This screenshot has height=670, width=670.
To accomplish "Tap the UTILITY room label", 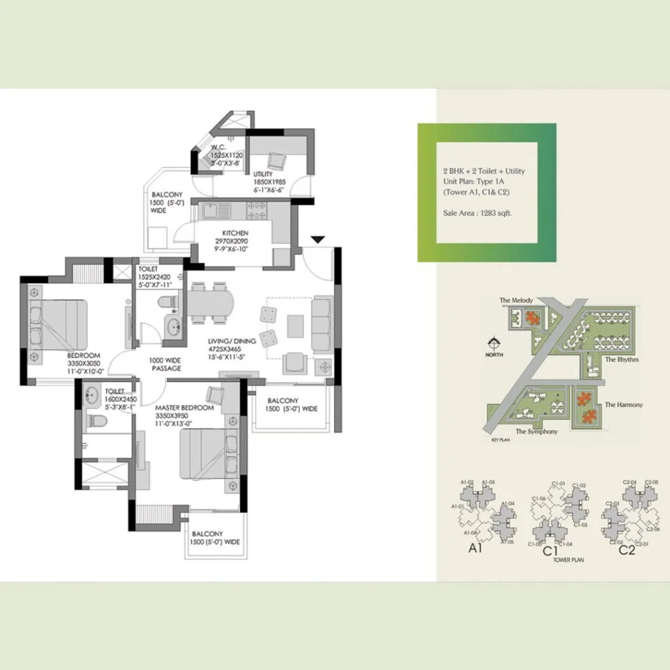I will [x=263, y=173].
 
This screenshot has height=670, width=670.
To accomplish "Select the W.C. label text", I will [x=218, y=147].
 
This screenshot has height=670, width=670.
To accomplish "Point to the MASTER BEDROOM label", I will [x=185, y=408].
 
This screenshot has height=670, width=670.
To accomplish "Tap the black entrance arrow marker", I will [x=317, y=241].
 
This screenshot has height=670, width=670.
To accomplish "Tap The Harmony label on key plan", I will [x=624, y=405].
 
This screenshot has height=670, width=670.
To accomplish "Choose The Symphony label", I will [x=535, y=432].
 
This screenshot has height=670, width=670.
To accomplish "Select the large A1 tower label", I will [x=475, y=550].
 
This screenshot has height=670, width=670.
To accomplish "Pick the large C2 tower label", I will [x=626, y=550].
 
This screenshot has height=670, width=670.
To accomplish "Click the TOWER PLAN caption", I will [x=568, y=560].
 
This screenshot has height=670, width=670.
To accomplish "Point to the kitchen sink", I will [x=211, y=211].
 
